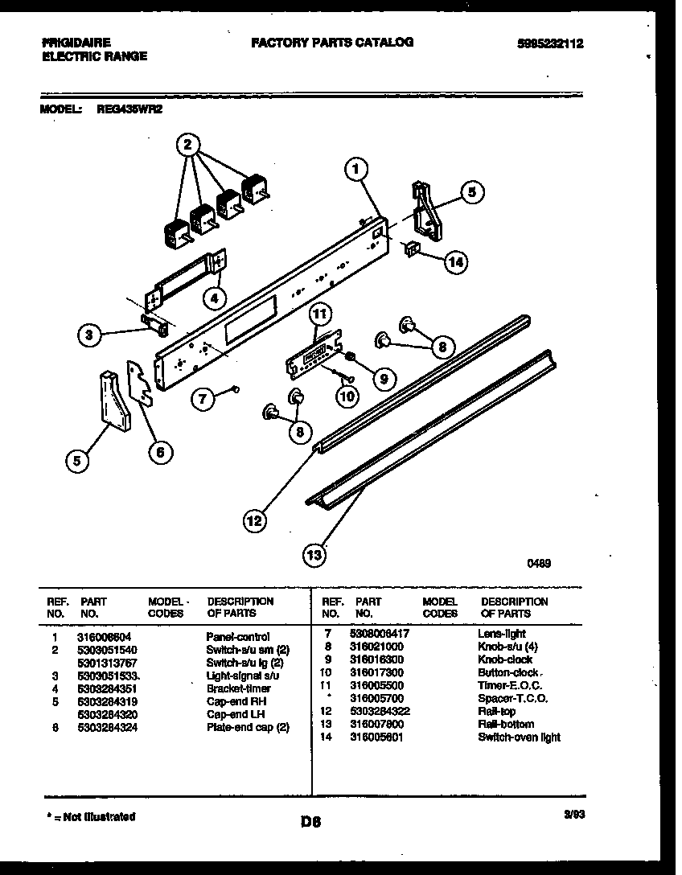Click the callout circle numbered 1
click(356, 169)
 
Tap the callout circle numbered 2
click(187, 145)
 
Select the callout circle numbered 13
click(315, 553)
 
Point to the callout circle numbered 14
click(456, 261)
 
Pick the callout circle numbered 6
click(159, 453)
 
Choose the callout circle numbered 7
click(204, 396)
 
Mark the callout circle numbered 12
click(254, 521)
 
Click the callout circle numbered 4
click(213, 298)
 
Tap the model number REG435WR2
click(124, 111)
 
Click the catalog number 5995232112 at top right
click(549, 44)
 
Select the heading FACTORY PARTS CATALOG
click(332, 42)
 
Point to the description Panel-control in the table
click(238, 637)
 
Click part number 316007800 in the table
click(377, 724)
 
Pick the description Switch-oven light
click(519, 737)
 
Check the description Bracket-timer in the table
click(238, 688)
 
